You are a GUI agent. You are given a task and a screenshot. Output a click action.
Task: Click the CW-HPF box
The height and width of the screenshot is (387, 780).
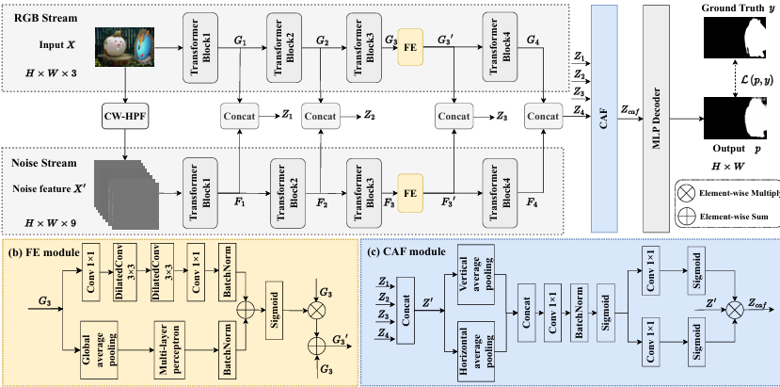pyautogui.click(x=127, y=117)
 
